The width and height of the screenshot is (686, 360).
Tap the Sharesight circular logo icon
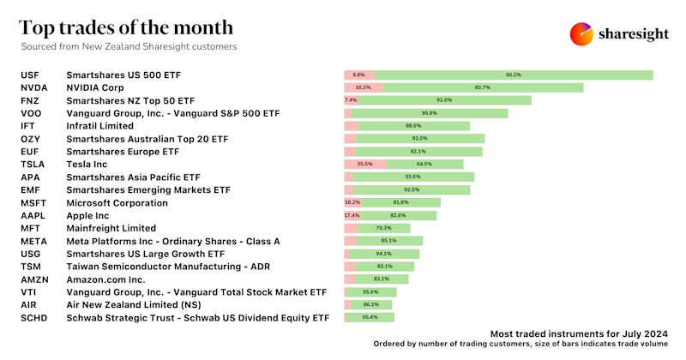click(x=582, y=33)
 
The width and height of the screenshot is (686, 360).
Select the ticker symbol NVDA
click(x=35, y=87)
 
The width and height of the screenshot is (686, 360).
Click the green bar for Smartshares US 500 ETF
click(x=514, y=75)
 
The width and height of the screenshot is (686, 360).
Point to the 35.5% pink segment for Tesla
click(x=364, y=164)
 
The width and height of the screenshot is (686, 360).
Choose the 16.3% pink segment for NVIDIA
click(x=364, y=87)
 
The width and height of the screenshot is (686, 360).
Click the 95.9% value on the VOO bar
click(x=430, y=113)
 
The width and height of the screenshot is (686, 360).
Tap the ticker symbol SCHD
click(x=35, y=317)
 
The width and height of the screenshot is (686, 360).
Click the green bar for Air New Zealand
click(x=370, y=304)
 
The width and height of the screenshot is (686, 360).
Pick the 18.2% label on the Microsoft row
click(x=352, y=202)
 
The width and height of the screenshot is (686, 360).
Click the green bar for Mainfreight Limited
click(x=383, y=228)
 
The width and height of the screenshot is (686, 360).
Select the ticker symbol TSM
click(x=32, y=267)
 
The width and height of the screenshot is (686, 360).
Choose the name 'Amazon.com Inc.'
click(x=105, y=279)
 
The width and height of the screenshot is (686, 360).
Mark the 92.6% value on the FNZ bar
click(x=443, y=100)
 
